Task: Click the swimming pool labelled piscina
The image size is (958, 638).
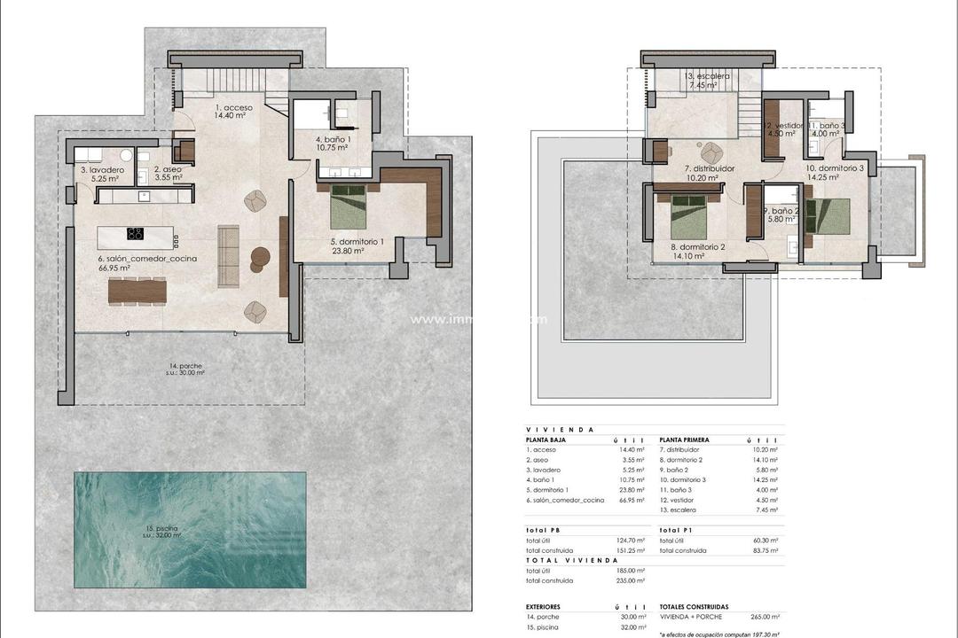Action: point(190,530)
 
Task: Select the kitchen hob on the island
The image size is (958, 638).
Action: point(136,235)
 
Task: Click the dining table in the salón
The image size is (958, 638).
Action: point(137,291)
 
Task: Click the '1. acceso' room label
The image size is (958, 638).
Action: point(234,108)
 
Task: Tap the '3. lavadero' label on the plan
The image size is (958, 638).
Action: point(95,169)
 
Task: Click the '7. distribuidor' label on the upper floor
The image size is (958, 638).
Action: point(709,167)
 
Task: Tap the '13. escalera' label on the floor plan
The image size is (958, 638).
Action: point(707,77)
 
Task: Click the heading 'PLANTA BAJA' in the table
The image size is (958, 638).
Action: point(546,440)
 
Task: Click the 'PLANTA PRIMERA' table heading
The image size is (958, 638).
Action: point(685,440)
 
